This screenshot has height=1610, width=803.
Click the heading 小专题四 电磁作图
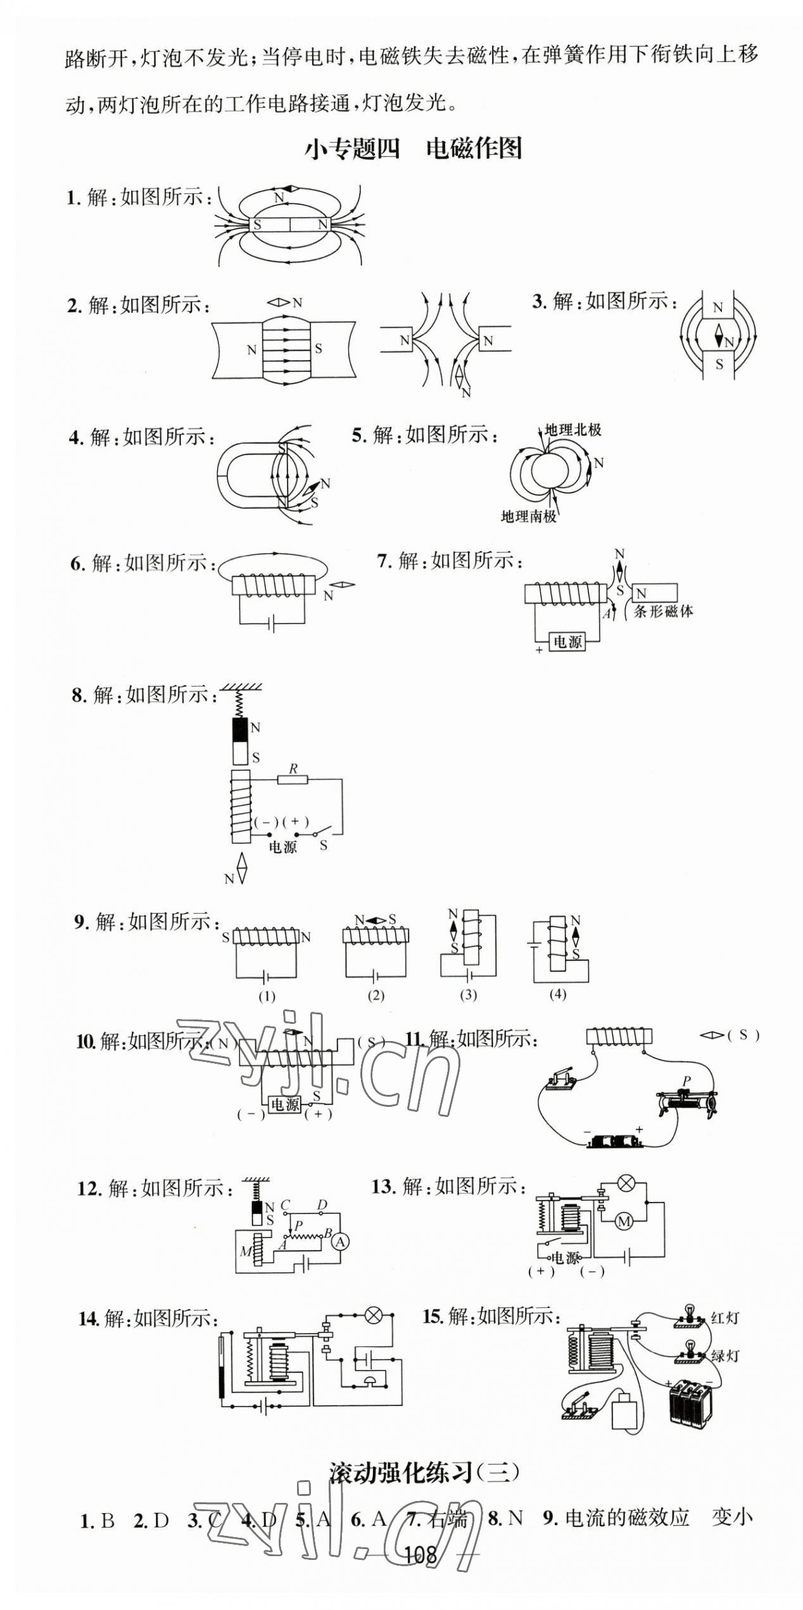click(x=414, y=149)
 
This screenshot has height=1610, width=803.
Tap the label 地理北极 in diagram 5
click(x=573, y=430)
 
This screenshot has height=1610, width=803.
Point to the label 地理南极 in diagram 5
click(x=529, y=516)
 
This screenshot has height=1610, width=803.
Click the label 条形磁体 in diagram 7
click(x=664, y=611)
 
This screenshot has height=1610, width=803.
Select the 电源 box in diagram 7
click(x=567, y=642)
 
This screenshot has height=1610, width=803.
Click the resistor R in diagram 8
click(x=293, y=779)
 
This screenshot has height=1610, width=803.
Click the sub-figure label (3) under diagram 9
click(x=468, y=995)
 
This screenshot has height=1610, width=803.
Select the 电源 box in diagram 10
click(x=284, y=1104)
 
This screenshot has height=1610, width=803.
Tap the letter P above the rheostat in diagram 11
click(x=686, y=1080)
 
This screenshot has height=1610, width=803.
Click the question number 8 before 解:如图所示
click(x=78, y=696)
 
